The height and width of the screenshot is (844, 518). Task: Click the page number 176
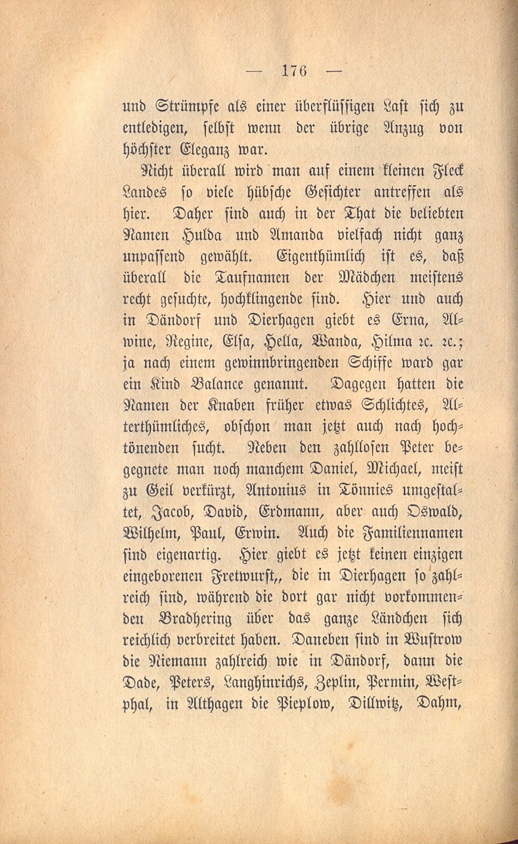tap(293, 70)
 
